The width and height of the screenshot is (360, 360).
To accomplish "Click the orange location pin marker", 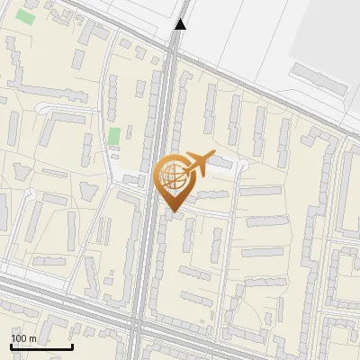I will (176, 180).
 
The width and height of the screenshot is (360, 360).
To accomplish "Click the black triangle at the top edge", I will (181, 24).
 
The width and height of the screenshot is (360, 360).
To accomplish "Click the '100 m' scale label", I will (23, 338).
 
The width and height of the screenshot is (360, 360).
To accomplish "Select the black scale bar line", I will (41, 346).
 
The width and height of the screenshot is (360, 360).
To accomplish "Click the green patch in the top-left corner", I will (26, 16).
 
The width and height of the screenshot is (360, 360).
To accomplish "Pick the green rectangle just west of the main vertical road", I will (114, 137).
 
